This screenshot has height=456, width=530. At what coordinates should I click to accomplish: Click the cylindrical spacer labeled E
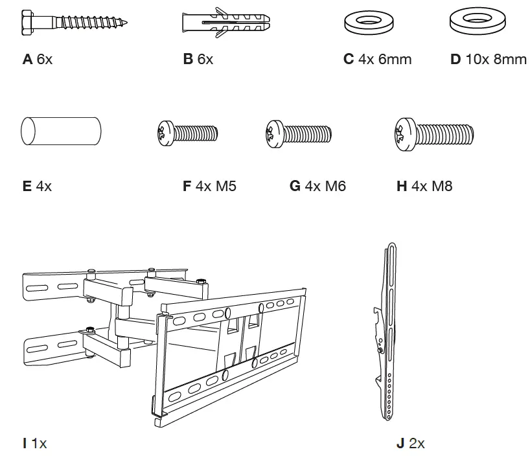pos(60,132)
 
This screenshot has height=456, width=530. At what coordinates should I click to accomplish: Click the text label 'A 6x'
pos(38,60)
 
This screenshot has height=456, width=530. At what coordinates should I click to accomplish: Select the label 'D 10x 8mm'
pos(488,60)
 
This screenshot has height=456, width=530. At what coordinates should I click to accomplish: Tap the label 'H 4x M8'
pos(424,187)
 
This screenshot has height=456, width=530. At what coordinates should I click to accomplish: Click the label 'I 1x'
pos(34,444)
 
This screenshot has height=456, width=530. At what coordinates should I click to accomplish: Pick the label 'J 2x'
pos(410,444)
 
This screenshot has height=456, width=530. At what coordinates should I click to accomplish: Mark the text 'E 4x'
pos(37,187)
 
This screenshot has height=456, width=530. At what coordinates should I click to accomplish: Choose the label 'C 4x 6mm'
pos(377,60)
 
